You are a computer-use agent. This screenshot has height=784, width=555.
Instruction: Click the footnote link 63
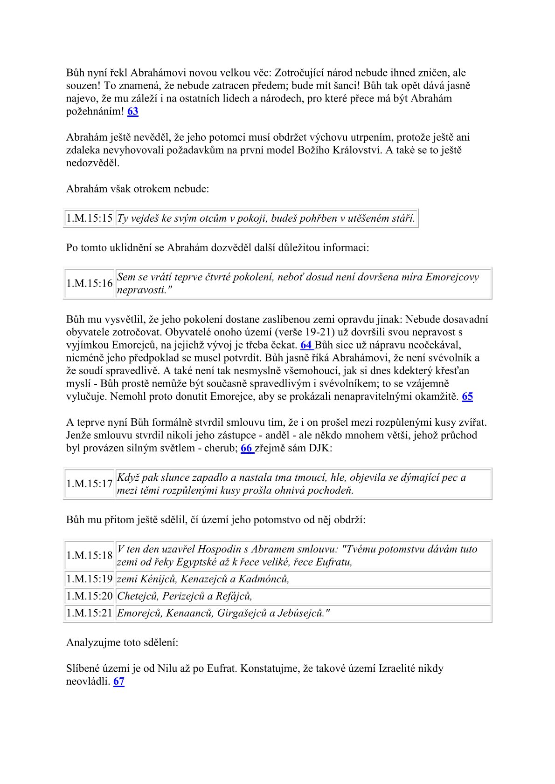pyautogui.click(x=132, y=111)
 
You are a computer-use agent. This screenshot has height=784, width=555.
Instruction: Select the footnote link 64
pyautogui.click(x=306, y=345)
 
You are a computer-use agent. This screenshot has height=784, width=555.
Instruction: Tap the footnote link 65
pyautogui.click(x=467, y=397)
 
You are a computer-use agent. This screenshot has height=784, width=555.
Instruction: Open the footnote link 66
pyautogui.click(x=246, y=449)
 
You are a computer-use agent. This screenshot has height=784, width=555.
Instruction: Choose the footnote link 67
pyautogui.click(x=118, y=682)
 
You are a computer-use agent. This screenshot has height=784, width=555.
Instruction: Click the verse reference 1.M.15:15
pyautogui.click(x=90, y=218)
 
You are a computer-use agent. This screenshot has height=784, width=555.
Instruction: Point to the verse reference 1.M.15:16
pyautogui.click(x=90, y=283)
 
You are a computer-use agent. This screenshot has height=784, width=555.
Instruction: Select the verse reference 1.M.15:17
pyautogui.click(x=90, y=484)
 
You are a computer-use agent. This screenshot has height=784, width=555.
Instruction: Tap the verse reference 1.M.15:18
pyautogui.click(x=90, y=555)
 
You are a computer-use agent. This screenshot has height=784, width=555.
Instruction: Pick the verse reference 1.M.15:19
pyautogui.click(x=90, y=579)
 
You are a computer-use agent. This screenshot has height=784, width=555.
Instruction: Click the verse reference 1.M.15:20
pyautogui.click(x=90, y=596)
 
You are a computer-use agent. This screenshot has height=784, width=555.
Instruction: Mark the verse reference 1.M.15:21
pyautogui.click(x=90, y=614)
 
